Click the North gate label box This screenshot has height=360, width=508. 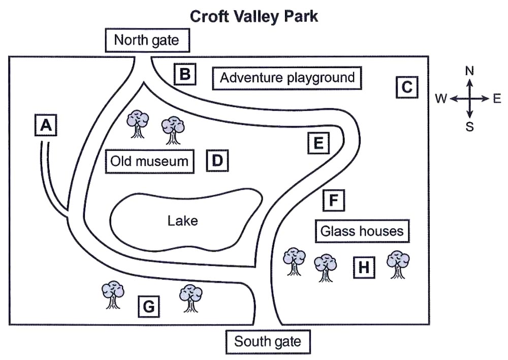[147, 40]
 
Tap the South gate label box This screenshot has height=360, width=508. [267, 342]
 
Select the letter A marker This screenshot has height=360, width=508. [46, 125]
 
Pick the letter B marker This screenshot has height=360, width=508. [185, 75]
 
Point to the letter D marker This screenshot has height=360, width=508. [217, 161]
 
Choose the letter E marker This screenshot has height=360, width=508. [319, 143]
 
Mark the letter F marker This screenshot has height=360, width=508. [334, 200]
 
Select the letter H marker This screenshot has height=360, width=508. [364, 267]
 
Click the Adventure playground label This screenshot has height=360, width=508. [287, 78]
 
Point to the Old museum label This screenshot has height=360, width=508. [149, 161]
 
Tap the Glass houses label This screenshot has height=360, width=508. [362, 231]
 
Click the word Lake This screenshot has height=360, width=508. [182, 221]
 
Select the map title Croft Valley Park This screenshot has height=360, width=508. [254, 16]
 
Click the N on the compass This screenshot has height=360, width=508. [469, 71]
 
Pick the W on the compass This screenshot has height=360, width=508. [440, 99]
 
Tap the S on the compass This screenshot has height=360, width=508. [469, 127]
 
